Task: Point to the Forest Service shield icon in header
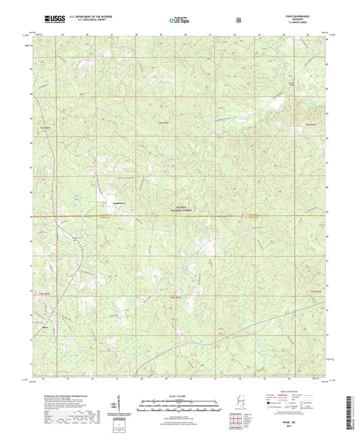pos(238,20)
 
